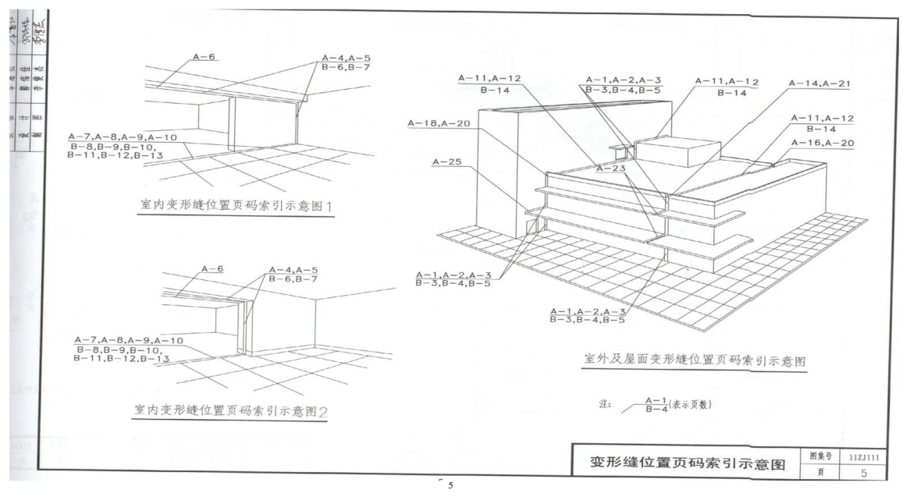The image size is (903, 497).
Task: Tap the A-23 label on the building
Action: click(x=610, y=168)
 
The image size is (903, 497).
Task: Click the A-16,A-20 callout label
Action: click(x=822, y=144)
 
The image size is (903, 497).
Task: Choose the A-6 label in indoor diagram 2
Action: click(x=212, y=269)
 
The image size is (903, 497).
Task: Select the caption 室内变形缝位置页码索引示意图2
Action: click(x=229, y=411)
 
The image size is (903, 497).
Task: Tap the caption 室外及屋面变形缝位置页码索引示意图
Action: click(x=695, y=361)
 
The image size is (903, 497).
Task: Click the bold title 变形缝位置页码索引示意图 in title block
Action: click(x=687, y=465)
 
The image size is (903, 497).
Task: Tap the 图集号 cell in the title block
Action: click(x=822, y=456)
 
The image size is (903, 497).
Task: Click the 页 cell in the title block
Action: click(x=822, y=473)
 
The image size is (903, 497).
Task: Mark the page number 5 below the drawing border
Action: click(x=450, y=488)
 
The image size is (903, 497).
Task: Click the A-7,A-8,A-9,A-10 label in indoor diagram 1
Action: click(x=123, y=137)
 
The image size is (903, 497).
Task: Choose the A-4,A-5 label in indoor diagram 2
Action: click(x=293, y=270)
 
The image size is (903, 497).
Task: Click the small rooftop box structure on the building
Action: click(x=677, y=151)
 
